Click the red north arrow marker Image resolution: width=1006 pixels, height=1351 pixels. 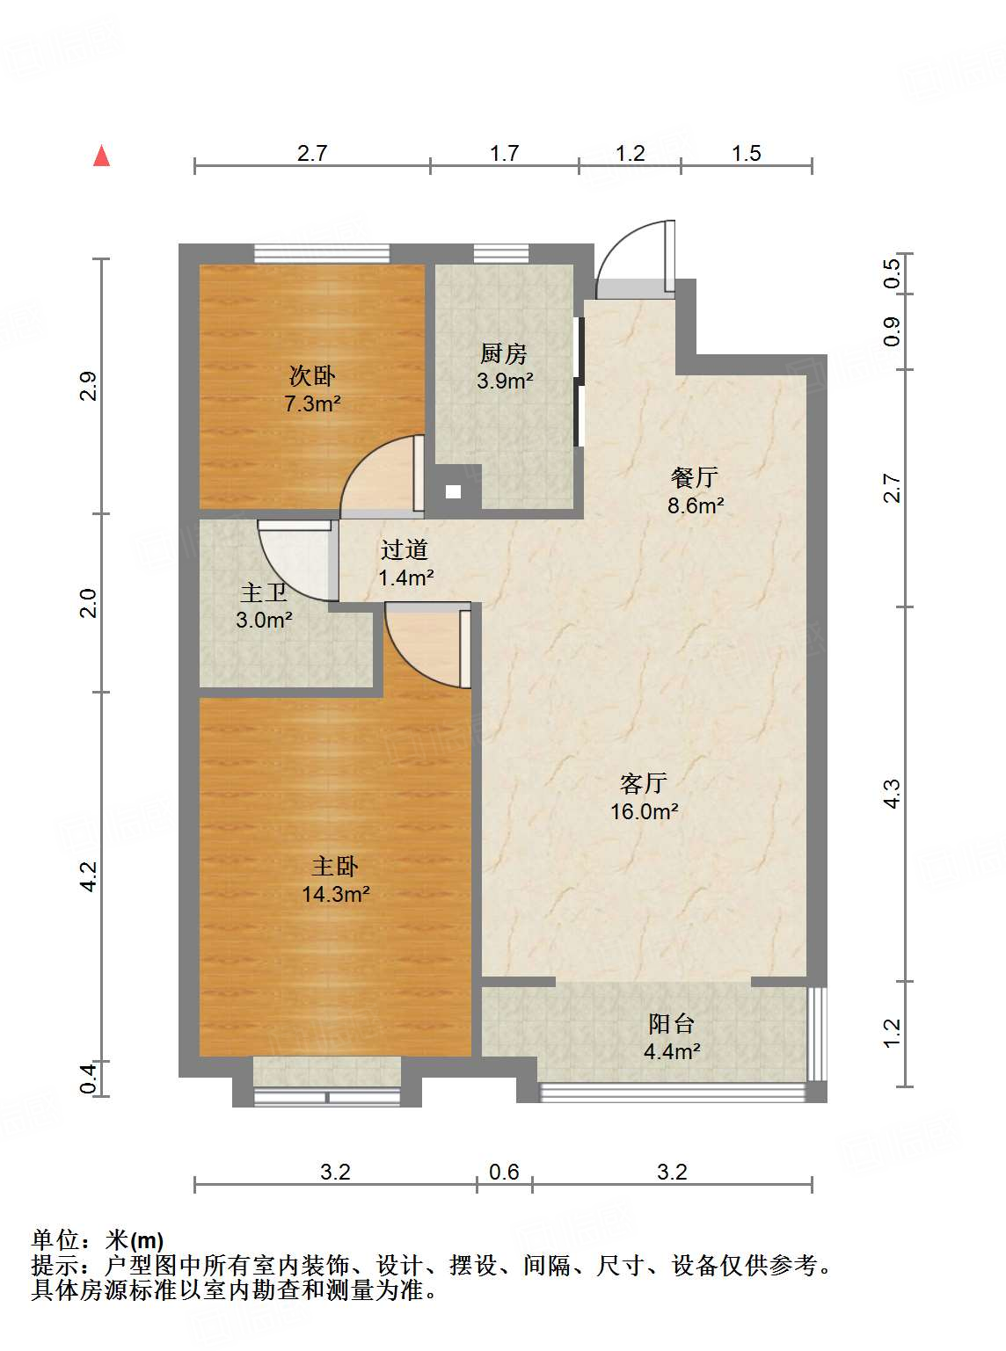pyautogui.click(x=102, y=156)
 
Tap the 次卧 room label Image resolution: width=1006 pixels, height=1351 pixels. pyautogui.click(x=312, y=376)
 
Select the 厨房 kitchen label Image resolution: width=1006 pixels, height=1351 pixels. pyautogui.click(x=504, y=353)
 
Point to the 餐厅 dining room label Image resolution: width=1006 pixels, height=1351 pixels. pyautogui.click(x=695, y=477)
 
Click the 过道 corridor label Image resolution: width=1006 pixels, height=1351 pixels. pyautogui.click(x=405, y=549)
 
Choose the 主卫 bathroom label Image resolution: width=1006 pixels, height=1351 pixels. pyautogui.click(x=263, y=592)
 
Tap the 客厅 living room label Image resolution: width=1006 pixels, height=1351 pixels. pyautogui.click(x=644, y=782)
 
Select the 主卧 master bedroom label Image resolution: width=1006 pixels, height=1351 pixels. pyautogui.click(x=335, y=867)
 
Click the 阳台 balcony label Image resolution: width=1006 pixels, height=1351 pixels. pyautogui.click(x=672, y=1023)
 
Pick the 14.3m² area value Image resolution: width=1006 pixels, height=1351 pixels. pyautogui.click(x=335, y=895)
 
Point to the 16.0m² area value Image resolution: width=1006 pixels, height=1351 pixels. pyautogui.click(x=644, y=811)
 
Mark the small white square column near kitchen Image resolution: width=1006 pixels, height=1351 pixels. pyautogui.click(x=453, y=492)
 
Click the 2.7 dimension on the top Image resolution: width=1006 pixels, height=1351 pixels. pyautogui.click(x=312, y=153)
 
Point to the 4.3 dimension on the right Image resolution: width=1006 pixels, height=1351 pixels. pyautogui.click(x=892, y=794)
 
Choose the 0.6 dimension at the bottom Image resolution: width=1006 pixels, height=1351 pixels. pyautogui.click(x=504, y=1172)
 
